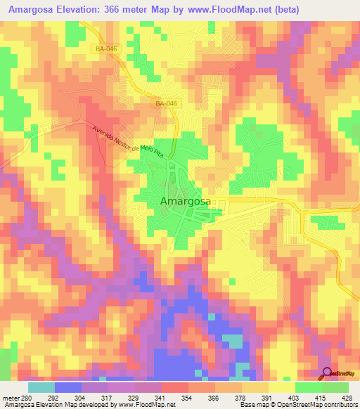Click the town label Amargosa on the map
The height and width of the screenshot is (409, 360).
186,202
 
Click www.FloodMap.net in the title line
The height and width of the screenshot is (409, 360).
229,10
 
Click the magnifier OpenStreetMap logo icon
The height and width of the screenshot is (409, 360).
327,374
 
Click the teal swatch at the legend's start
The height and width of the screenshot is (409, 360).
41,387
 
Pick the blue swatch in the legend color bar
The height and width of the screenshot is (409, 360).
68,387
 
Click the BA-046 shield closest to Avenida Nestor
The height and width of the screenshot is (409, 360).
166,103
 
